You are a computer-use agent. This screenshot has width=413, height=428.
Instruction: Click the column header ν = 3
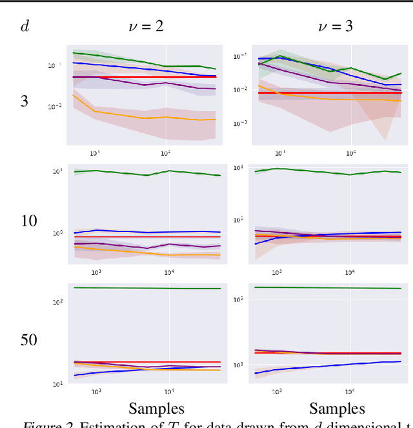pyautogui.click(x=336, y=27)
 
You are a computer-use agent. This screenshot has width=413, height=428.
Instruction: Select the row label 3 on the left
pyautogui.click(x=25, y=102)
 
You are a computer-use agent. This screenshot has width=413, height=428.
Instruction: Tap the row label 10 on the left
pyautogui.click(x=29, y=221)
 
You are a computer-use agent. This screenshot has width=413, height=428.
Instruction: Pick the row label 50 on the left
pyautogui.click(x=29, y=339)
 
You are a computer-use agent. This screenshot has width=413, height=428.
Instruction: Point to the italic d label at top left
pyautogui.click(x=25, y=27)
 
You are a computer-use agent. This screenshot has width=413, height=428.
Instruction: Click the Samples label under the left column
pyautogui.click(x=156, y=409)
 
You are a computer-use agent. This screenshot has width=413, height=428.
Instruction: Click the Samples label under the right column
pyautogui.click(x=337, y=409)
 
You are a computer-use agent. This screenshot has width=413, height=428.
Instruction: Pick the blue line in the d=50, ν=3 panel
pyautogui.click(x=323, y=366)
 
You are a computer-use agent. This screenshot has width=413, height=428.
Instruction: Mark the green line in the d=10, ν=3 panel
pyautogui.click(x=323, y=173)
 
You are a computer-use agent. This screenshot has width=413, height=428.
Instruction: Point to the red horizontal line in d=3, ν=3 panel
pyautogui.click(x=323, y=92)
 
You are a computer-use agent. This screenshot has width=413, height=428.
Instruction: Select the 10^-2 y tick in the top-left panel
pyautogui.click(x=54, y=107)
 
